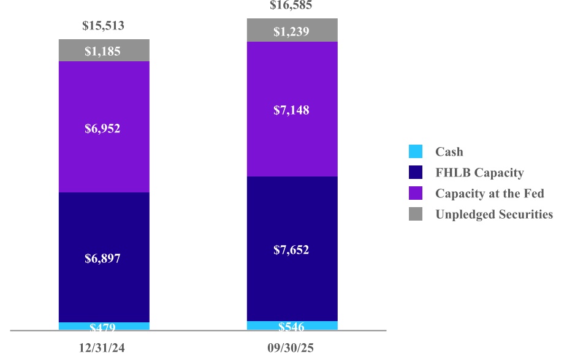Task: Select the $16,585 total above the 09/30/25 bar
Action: point(291,6)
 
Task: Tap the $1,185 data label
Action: point(103,51)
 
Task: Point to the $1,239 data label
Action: point(291,32)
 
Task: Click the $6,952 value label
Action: point(103,129)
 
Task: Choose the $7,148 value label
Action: point(291,110)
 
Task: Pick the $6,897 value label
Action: point(103,259)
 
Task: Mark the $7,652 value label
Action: point(291,250)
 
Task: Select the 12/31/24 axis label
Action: point(103,348)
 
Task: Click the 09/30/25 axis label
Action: point(291,348)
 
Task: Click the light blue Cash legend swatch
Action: point(416,151)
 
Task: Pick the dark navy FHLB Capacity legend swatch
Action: point(416,172)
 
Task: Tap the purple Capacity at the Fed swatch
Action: point(416,193)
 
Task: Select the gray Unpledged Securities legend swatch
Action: point(416,214)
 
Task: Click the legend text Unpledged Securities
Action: point(494,214)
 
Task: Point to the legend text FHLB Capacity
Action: point(479,173)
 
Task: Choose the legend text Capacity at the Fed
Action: point(490,194)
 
